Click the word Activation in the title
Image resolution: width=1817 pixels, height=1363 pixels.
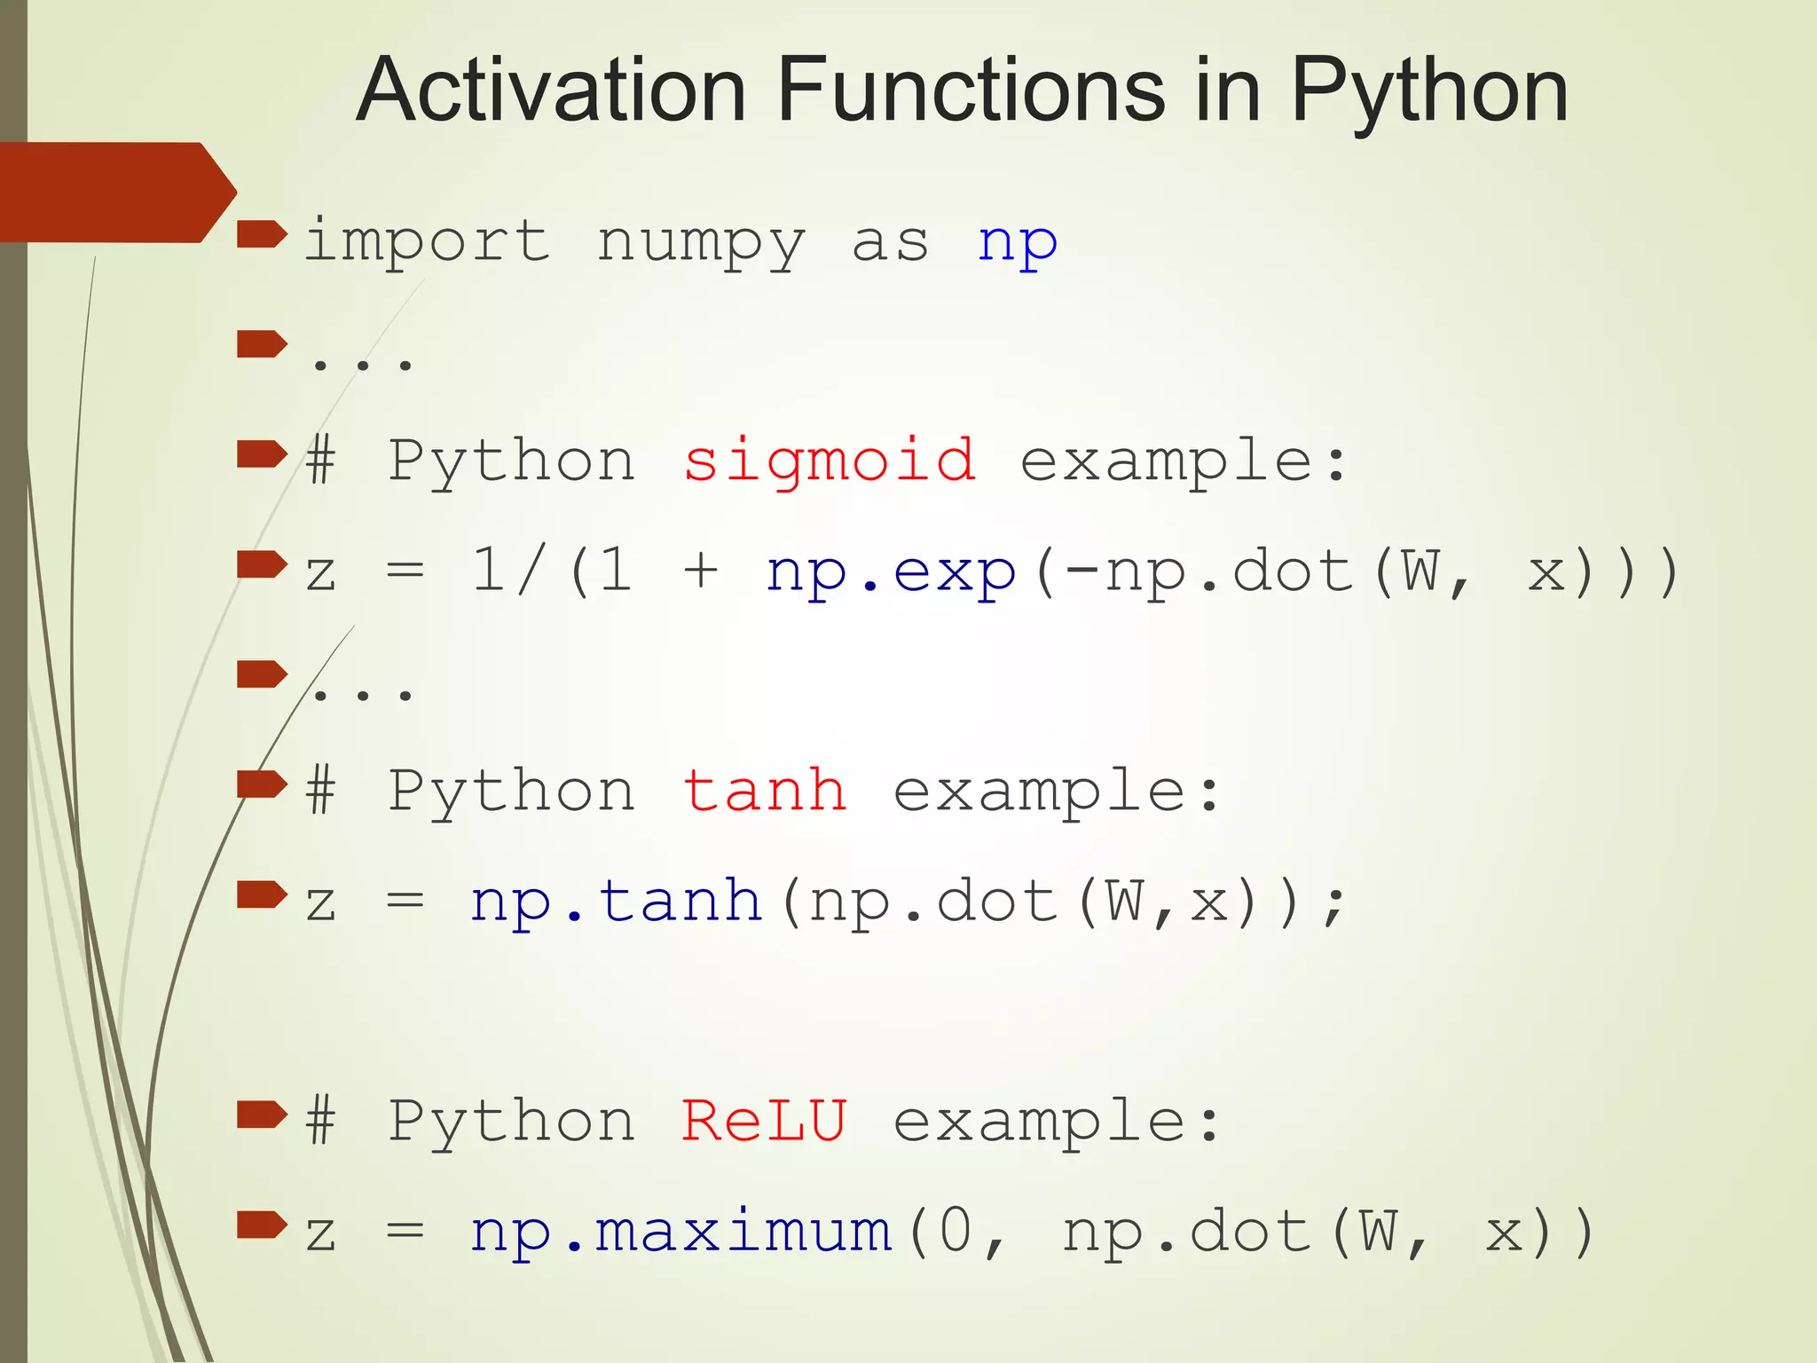[x=551, y=91]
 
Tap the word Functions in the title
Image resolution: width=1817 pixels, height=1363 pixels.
[x=971, y=91]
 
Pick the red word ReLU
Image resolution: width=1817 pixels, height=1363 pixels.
[x=765, y=1120]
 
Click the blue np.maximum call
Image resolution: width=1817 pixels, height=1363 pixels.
[x=680, y=1233]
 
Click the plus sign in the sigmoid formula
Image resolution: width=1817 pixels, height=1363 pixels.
[x=701, y=571]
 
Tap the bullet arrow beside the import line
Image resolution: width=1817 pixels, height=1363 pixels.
[x=262, y=235]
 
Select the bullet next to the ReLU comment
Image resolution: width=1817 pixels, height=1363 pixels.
[x=262, y=1114]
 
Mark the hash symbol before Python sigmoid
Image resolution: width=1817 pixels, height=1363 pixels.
[x=321, y=461]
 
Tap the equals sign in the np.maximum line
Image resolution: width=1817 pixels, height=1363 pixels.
[x=405, y=1233]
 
